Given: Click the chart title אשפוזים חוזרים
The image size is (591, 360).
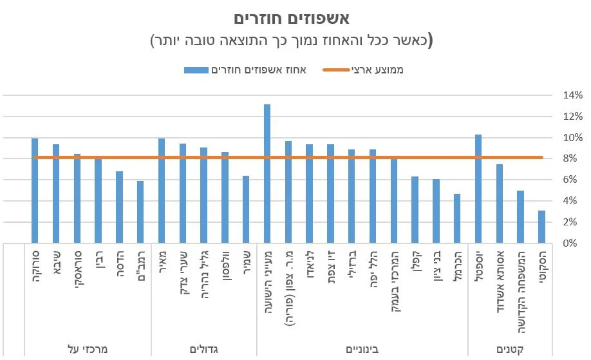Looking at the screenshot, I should click(x=295, y=19).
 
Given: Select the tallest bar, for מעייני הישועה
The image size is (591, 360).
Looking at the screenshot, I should click(x=267, y=174).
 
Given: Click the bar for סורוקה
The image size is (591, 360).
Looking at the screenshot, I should click(x=35, y=191).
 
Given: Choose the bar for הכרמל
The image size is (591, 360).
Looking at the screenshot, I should click(x=457, y=218).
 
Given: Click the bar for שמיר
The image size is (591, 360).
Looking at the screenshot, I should click(x=246, y=209).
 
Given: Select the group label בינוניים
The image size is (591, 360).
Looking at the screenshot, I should click(x=362, y=348).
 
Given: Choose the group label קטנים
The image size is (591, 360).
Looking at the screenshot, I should click(x=510, y=348).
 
